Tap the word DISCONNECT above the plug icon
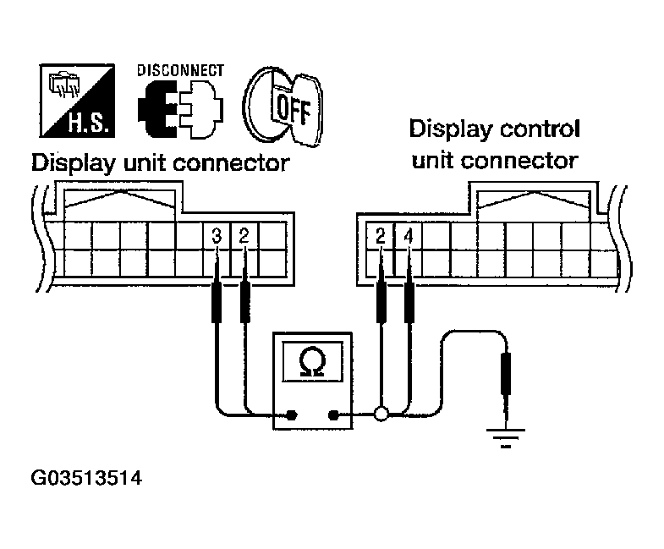180,70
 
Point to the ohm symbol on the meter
312,363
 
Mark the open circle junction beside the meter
381,414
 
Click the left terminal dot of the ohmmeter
292,414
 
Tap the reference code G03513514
85,480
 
